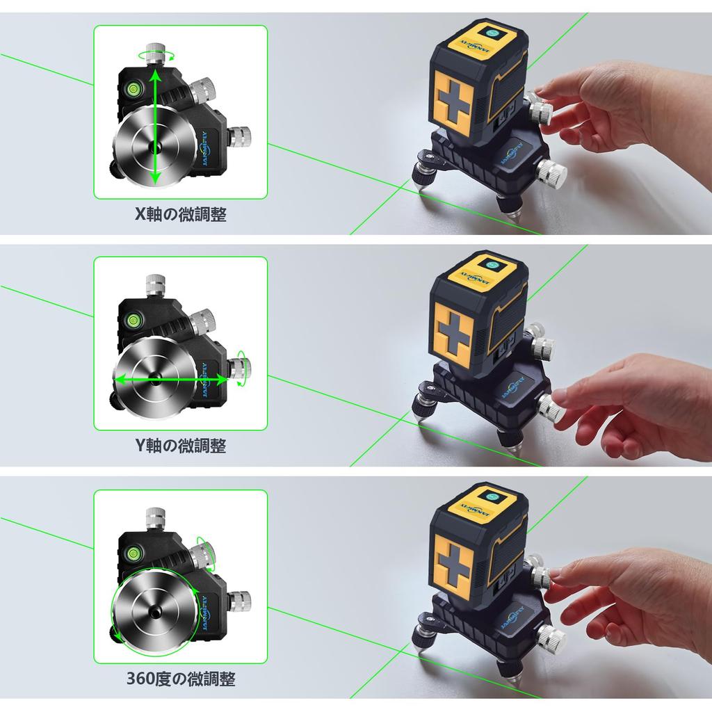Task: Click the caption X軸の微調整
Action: point(181,214)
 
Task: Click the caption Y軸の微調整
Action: point(181,445)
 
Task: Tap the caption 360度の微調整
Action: point(181,678)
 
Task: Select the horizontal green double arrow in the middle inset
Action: point(171,380)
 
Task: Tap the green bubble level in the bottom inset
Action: point(132,553)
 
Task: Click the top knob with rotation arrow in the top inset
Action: point(155,54)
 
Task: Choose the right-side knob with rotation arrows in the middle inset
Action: point(241,367)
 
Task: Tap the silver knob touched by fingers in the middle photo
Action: point(552,409)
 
